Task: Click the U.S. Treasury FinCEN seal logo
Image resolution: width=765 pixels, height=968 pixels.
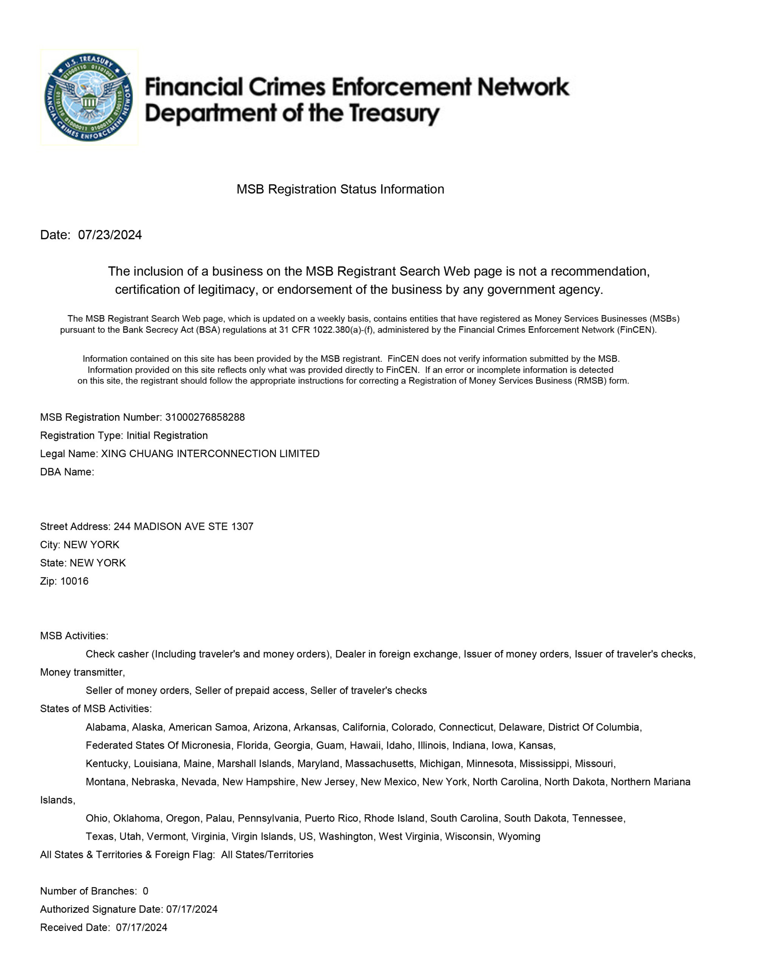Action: pos(89,97)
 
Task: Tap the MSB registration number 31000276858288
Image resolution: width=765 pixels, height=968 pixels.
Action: pos(205,417)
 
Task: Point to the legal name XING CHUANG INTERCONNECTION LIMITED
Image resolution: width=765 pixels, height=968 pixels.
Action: pos(210,453)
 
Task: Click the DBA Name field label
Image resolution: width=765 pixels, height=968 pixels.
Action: pos(67,472)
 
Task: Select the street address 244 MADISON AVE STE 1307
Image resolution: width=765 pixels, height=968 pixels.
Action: pos(183,527)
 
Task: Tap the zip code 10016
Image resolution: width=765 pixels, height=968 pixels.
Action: pos(74,581)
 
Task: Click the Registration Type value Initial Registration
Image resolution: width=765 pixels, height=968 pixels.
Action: pos(167,436)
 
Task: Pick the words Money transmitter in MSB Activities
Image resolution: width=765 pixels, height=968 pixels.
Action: pos(82,672)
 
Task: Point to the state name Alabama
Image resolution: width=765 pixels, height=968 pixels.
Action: pos(106,727)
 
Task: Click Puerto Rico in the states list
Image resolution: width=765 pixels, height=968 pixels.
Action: pos(331,818)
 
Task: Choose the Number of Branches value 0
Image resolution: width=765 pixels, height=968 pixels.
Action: pos(146,891)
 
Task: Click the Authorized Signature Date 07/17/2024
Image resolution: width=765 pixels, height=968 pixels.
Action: pos(192,909)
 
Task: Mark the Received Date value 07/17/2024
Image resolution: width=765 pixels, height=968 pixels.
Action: pos(141,928)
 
